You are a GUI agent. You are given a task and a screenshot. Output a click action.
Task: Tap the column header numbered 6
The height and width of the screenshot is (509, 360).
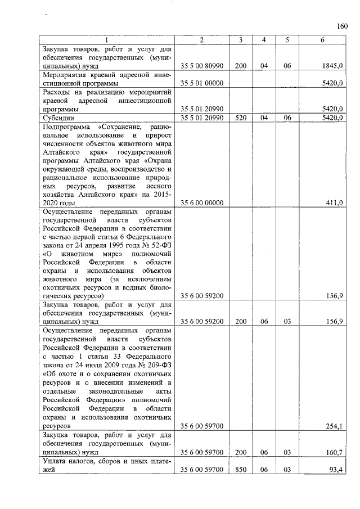tap(322, 39)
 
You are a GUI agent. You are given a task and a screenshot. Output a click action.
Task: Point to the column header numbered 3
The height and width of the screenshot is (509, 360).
tap(240, 39)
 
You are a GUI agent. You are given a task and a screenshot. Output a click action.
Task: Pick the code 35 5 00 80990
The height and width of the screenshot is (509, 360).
tap(202, 66)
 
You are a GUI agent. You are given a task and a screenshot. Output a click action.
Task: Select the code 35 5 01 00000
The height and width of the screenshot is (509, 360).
tap(202, 83)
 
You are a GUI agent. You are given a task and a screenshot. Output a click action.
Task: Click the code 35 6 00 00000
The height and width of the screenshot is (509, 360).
tap(202, 202)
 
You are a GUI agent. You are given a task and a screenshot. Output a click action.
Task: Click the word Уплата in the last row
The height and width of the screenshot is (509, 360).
tap(58, 461)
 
